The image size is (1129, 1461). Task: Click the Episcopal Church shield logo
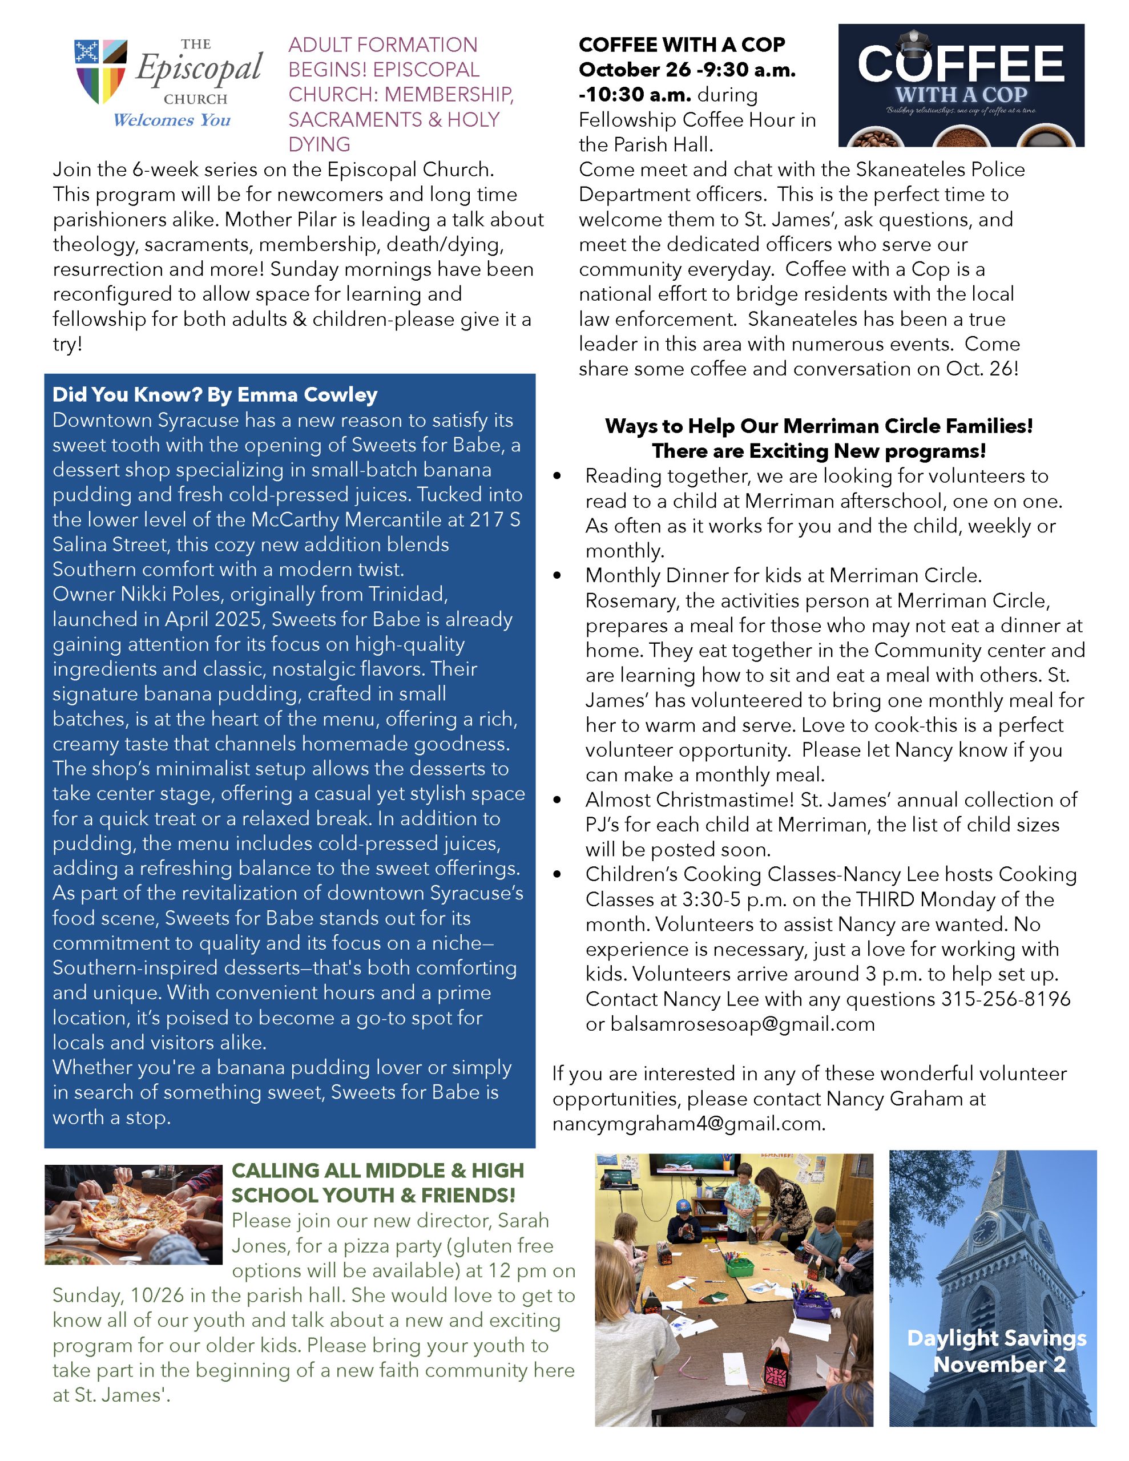pos(100,71)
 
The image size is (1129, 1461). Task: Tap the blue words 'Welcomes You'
pos(171,120)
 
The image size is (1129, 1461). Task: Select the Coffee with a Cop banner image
pos(961,86)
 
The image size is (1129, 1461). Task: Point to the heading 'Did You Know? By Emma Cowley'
pos(215,395)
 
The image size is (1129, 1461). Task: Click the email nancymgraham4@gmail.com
pos(688,1124)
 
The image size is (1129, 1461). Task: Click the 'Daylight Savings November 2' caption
pos(997,1351)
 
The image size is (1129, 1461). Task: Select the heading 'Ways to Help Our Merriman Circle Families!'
pos(818,426)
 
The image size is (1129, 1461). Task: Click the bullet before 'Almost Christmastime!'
pos(558,800)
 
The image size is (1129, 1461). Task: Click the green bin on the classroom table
pos(740,1266)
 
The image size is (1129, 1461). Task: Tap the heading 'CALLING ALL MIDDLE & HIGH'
pos(377,1170)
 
